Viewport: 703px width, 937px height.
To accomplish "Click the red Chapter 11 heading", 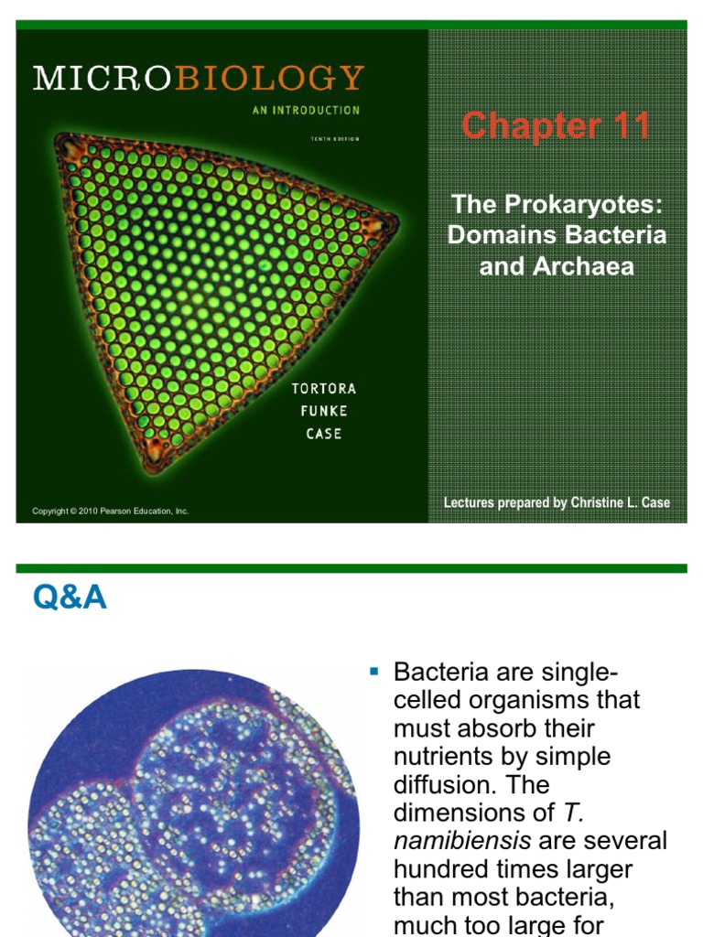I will click(x=556, y=125).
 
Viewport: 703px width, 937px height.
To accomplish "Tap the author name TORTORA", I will click(x=323, y=388).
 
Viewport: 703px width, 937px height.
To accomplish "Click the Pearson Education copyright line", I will click(x=110, y=511).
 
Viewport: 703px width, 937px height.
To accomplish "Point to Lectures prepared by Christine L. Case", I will click(x=557, y=502).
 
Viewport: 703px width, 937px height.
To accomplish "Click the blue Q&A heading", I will click(x=70, y=598).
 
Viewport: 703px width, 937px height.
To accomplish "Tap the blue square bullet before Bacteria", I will click(x=373, y=673).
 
